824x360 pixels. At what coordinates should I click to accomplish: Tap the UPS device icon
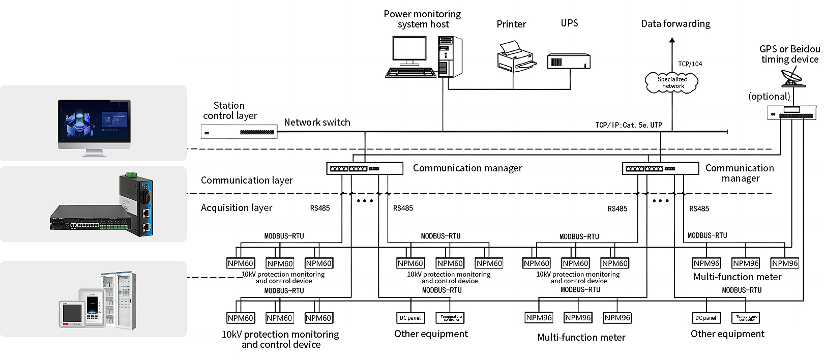click(569, 62)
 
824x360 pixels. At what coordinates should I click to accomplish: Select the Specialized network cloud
click(671, 82)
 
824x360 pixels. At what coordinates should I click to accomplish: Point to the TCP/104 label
click(690, 64)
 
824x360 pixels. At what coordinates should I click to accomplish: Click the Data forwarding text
click(675, 24)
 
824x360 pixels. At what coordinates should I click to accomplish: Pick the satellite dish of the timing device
click(791, 79)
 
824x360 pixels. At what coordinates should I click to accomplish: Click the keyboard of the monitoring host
click(410, 73)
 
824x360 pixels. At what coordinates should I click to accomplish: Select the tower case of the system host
click(450, 56)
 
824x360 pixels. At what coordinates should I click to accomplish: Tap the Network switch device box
click(239, 132)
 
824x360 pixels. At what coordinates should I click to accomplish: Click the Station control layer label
click(229, 110)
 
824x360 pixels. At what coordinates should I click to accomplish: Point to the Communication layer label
click(247, 180)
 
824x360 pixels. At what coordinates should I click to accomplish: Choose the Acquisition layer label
click(237, 207)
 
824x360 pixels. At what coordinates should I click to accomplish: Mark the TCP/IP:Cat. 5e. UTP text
click(629, 125)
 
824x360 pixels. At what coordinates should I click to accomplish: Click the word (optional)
click(769, 96)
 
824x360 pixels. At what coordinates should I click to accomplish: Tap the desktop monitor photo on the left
click(95, 127)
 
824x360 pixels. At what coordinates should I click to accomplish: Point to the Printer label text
click(511, 24)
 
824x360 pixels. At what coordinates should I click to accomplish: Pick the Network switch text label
click(317, 122)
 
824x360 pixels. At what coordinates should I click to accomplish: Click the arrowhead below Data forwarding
click(672, 39)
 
